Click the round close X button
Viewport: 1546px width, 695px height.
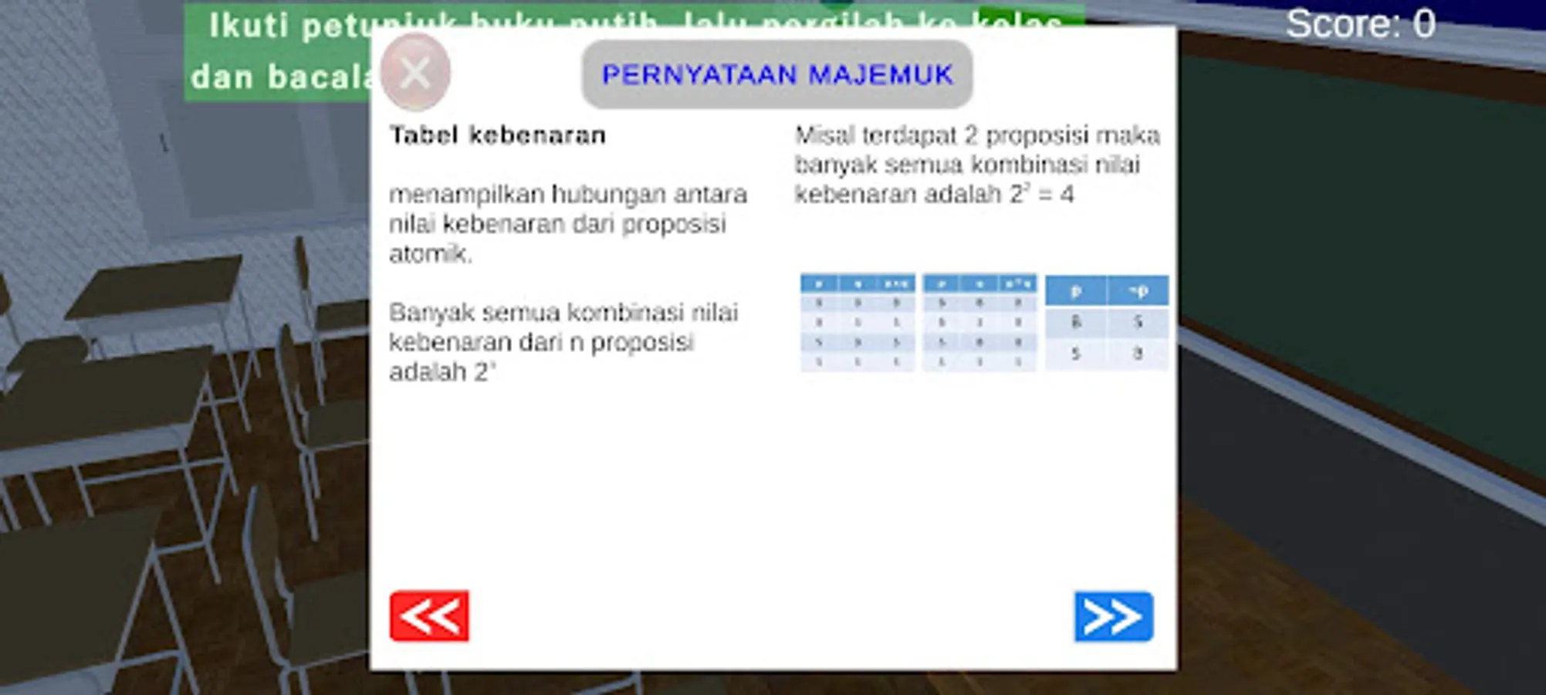(x=415, y=73)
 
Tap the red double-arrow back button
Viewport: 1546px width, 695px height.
(x=429, y=616)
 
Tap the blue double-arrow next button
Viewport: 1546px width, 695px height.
(x=1113, y=616)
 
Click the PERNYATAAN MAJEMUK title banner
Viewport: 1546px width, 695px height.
(x=776, y=74)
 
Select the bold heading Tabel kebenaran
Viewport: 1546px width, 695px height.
(x=497, y=135)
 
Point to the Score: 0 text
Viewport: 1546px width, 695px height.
(x=1360, y=24)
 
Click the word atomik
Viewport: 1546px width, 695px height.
(x=430, y=253)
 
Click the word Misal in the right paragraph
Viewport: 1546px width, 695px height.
(x=824, y=136)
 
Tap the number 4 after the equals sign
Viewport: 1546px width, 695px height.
(x=1067, y=194)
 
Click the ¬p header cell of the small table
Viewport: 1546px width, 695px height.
(x=1138, y=290)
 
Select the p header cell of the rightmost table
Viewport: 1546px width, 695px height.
(x=1076, y=290)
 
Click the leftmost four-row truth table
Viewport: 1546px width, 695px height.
(x=857, y=322)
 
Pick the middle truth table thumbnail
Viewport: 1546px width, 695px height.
(x=979, y=322)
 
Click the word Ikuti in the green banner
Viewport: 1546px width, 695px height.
(x=249, y=25)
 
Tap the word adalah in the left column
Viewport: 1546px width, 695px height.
(x=428, y=372)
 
